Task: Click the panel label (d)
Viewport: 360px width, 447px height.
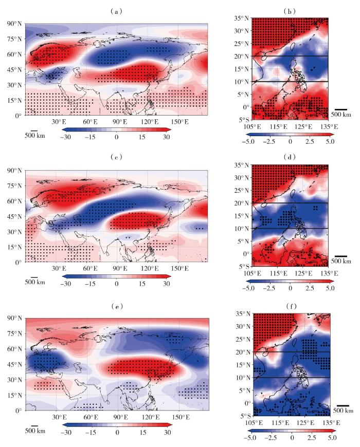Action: pos(291,156)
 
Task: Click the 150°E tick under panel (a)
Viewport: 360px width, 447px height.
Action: pos(178,122)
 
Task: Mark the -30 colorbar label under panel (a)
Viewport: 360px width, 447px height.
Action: pos(65,138)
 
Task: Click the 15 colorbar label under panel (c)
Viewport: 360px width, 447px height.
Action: pos(142,284)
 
